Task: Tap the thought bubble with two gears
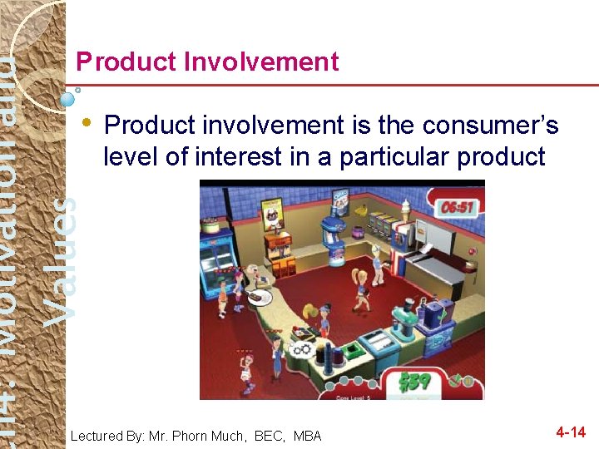pos(301,350)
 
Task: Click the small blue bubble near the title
pos(69,98)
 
